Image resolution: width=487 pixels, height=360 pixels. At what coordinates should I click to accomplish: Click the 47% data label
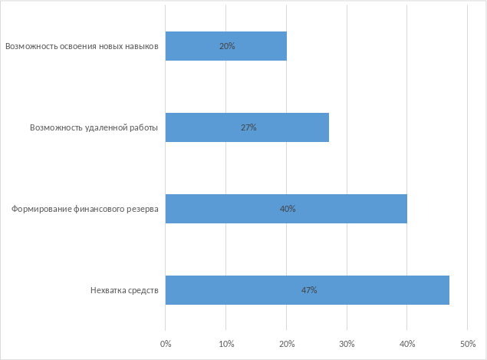[x=309, y=290]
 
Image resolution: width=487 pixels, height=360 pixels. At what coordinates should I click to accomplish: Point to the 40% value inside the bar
[x=288, y=209]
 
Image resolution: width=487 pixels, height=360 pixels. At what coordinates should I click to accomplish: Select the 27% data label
[x=248, y=127]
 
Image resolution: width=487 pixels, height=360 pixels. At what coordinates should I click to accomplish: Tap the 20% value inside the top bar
[x=227, y=46]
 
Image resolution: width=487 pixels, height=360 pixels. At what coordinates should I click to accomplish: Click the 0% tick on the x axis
[x=166, y=343]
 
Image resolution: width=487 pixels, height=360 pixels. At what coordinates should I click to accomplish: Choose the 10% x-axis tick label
[x=226, y=343]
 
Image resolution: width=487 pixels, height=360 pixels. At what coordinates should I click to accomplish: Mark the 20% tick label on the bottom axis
[x=287, y=343]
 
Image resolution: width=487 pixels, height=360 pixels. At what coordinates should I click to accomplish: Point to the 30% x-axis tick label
[x=347, y=343]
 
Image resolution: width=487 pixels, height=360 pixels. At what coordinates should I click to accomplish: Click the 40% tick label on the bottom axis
[x=407, y=343]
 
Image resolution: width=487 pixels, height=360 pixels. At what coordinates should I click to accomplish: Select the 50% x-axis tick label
[x=468, y=343]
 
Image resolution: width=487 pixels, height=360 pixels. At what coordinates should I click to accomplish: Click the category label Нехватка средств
[x=124, y=290]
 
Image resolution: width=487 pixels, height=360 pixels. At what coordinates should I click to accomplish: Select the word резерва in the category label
[x=142, y=209]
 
